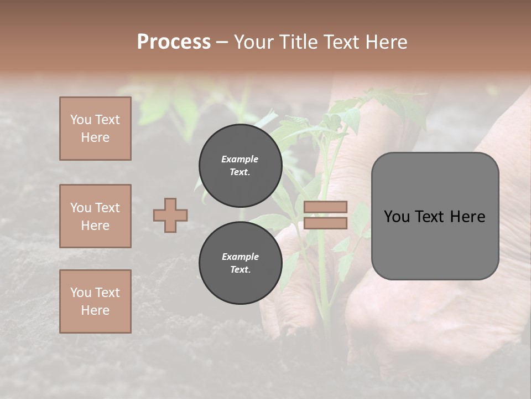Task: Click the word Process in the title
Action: [174, 42]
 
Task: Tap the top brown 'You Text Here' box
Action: [95, 129]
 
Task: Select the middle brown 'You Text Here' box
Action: [95, 216]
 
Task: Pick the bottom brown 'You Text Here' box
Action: [95, 301]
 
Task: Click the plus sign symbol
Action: [170, 215]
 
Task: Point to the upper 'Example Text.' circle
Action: [240, 165]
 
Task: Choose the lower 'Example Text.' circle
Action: [240, 263]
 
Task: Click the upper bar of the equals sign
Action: [326, 207]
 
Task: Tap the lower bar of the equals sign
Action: [326, 223]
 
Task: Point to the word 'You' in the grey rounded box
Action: [397, 217]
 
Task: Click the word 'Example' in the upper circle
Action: [240, 159]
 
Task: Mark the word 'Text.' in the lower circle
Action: [240, 270]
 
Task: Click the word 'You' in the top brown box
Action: [80, 120]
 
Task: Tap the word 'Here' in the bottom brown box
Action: [95, 310]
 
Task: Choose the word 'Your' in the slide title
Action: [255, 42]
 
